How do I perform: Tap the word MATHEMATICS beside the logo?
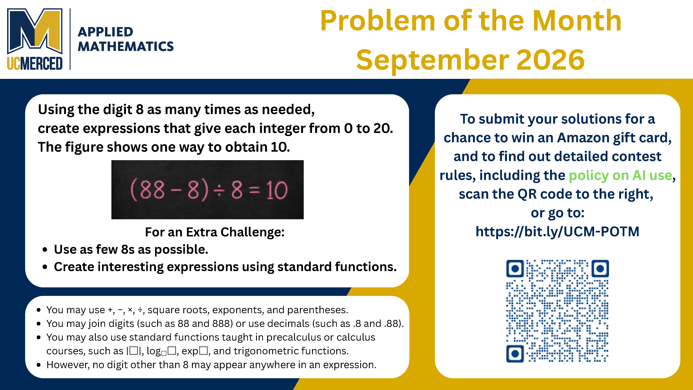click(126, 46)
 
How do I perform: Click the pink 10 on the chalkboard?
click(277, 190)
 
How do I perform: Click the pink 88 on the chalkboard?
click(152, 190)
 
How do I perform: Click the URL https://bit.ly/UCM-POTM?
click(557, 231)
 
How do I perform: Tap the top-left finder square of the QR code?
click(515, 268)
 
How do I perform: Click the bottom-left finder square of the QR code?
click(515, 353)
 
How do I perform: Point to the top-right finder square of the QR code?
click(600, 268)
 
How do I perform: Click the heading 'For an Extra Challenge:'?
click(215, 232)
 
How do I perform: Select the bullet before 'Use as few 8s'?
click(45, 250)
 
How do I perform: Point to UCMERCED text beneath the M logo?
click(35, 63)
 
